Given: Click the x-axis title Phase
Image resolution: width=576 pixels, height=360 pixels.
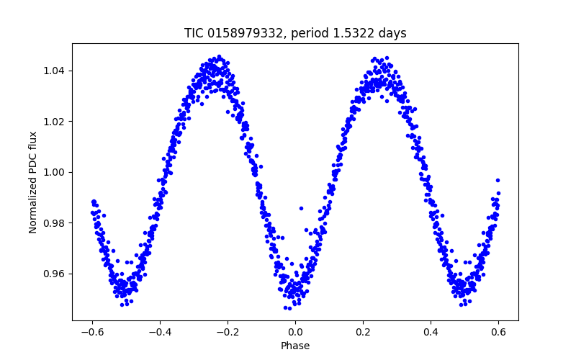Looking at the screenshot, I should point(295,346).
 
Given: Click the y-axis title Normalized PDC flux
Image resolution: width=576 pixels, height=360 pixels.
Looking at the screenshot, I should point(33,181).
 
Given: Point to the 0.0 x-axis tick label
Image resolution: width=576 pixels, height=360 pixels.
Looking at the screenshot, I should point(295,332).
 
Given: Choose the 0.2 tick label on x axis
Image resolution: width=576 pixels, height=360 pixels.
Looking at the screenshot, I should point(363,332).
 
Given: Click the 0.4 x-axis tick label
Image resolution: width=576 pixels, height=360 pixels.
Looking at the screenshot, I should point(431,332).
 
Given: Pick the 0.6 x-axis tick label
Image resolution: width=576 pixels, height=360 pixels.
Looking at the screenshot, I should point(498,332).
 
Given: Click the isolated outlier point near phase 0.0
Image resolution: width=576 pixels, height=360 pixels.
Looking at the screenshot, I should point(301,208).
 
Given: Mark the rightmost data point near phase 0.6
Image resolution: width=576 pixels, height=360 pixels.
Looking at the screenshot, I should point(498,180).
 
